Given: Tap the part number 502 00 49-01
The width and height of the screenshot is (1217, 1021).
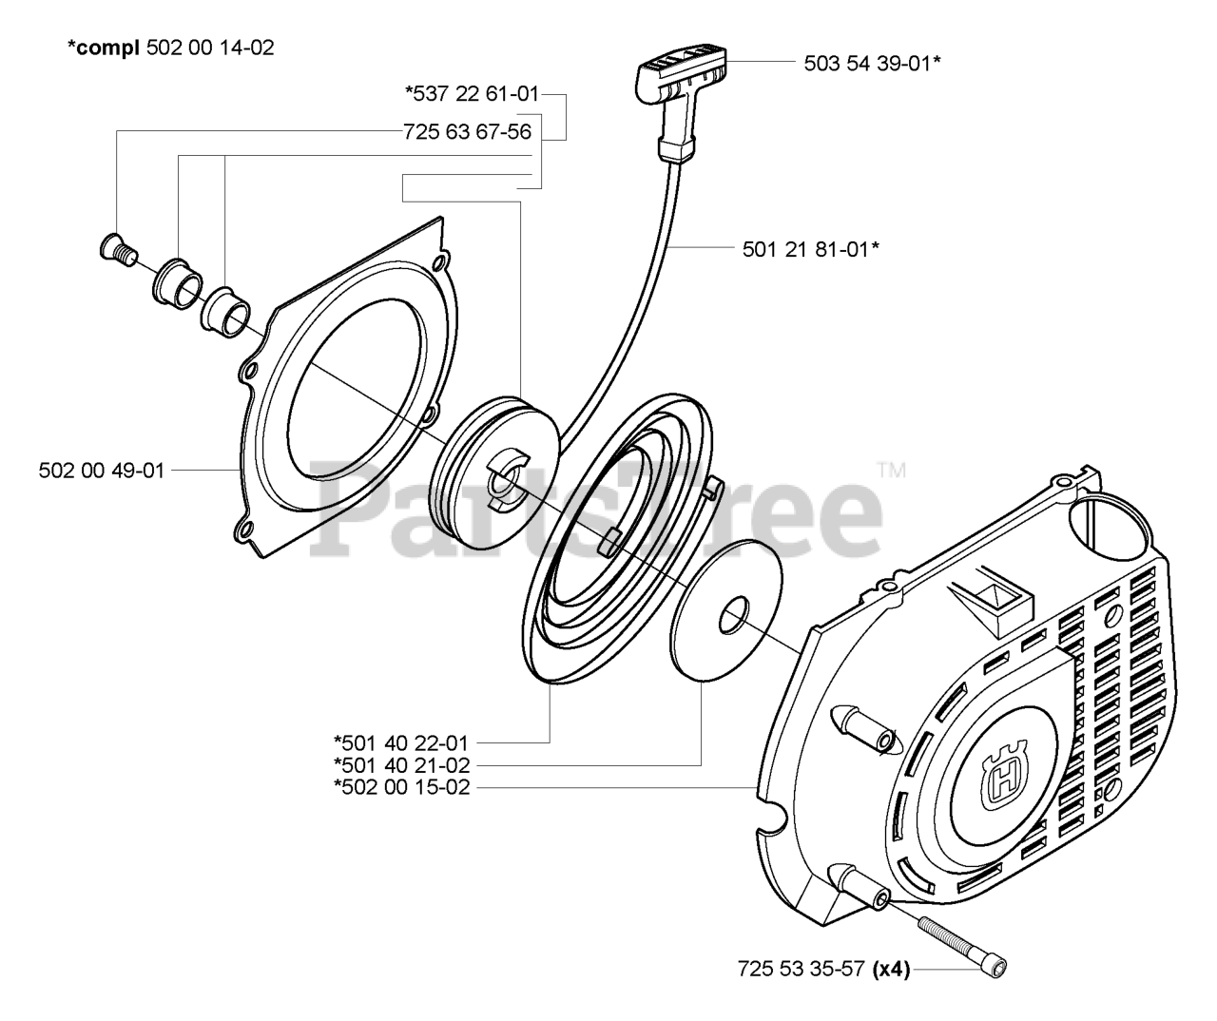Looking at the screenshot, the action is tap(102, 470).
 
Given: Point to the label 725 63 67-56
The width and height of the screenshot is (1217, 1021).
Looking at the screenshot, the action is tap(467, 132).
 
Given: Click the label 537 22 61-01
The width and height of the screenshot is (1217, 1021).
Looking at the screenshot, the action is tap(472, 93).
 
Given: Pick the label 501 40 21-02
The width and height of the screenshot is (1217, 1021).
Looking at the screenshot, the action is tap(401, 764).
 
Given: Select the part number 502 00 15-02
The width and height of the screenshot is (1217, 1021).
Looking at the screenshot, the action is tap(401, 787).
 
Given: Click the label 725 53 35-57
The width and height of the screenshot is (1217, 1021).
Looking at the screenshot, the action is tap(801, 970).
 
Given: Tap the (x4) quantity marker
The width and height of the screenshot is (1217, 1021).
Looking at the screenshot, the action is tap(892, 970).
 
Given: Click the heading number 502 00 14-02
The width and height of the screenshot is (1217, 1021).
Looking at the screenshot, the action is tap(211, 47).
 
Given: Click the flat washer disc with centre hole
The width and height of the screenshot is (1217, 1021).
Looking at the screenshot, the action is tap(725, 618).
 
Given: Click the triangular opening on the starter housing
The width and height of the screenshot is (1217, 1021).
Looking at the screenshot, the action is tap(988, 600).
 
